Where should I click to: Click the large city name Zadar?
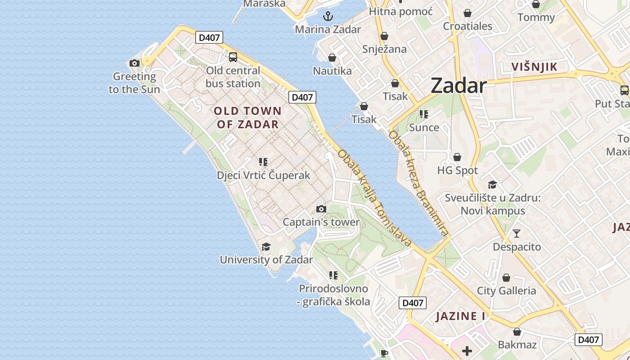coord(459,85)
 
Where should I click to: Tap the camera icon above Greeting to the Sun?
coord(134,63)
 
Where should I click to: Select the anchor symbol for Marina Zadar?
coord(328,17)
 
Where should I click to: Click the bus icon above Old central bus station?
coord(233,57)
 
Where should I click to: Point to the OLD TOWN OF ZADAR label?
coord(247,117)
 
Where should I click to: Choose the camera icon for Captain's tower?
coord(321,209)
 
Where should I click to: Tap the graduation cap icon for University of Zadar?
coord(266,247)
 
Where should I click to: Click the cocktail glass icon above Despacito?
coord(517,234)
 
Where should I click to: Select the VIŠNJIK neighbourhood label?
coord(534,67)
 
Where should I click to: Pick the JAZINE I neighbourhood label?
coord(461,316)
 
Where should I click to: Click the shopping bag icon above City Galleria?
coord(506,278)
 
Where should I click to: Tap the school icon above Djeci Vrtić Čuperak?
coord(263,162)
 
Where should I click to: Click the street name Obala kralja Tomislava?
coord(374,198)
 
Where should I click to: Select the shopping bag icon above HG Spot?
coord(457,157)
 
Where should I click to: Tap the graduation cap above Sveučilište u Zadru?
coord(492,184)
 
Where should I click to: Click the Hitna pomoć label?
coord(400,11)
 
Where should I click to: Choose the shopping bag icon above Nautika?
coord(332,58)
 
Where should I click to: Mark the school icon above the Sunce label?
coord(423,114)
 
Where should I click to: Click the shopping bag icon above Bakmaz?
coord(517,332)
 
